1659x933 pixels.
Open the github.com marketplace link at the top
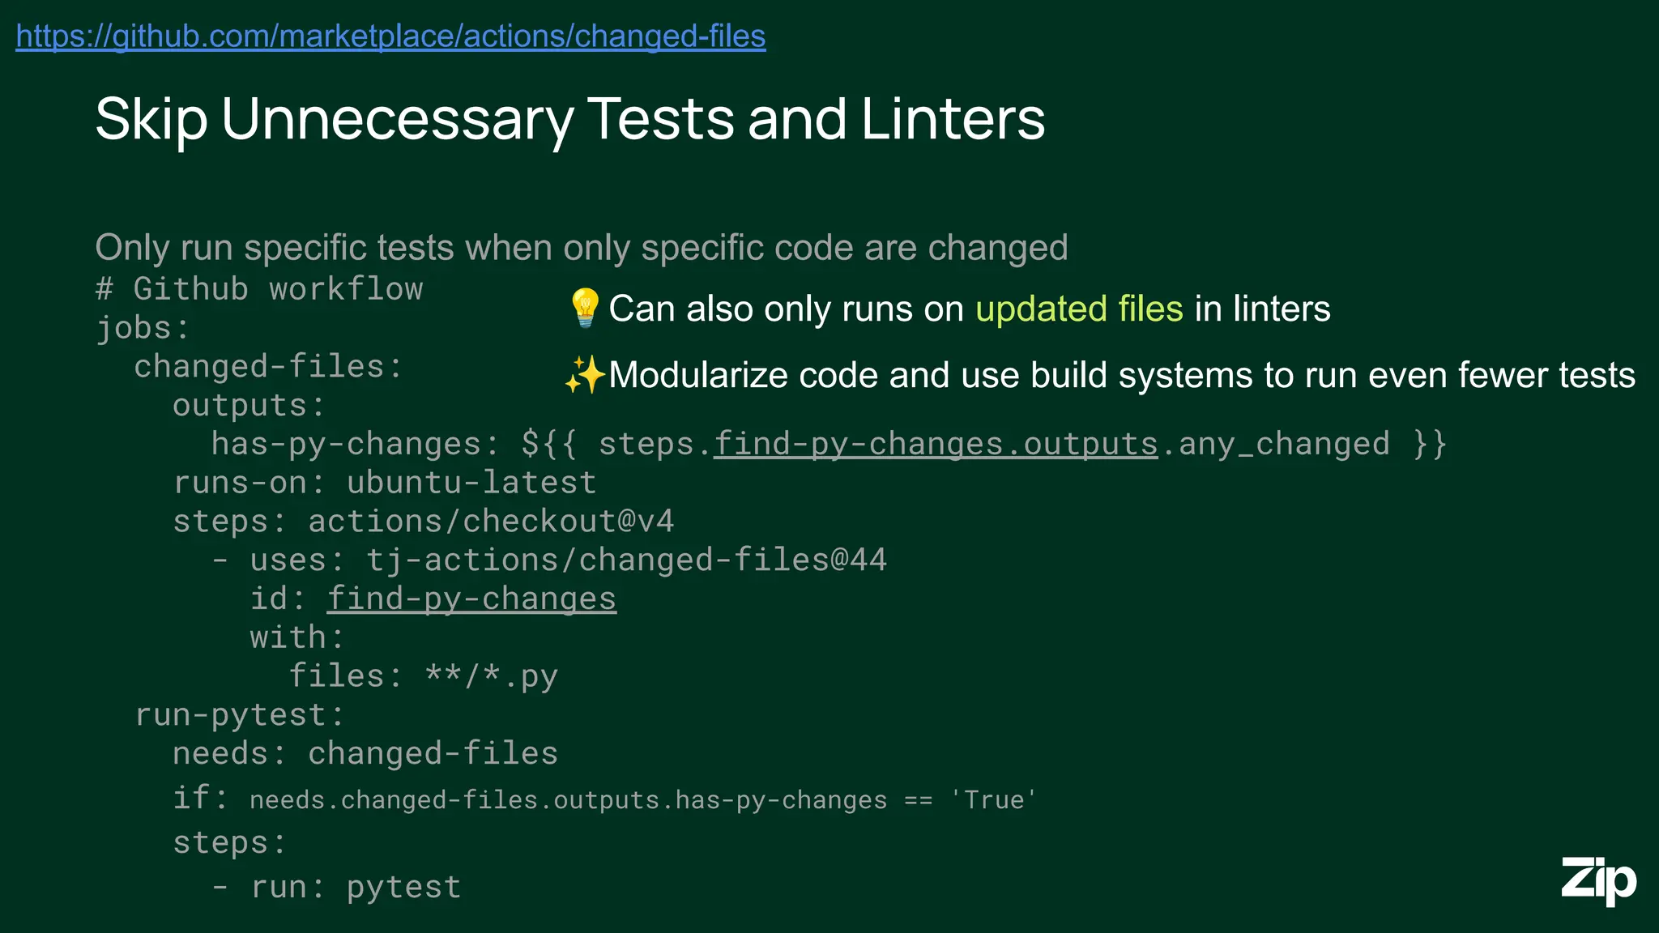click(390, 36)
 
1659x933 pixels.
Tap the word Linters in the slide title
click(953, 120)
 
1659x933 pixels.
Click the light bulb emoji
click(584, 308)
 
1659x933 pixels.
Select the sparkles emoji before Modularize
click(584, 375)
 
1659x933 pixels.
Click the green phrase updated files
click(1079, 309)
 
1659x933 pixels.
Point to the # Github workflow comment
click(259, 289)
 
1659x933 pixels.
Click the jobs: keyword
click(143, 328)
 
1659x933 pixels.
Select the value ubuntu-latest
click(471, 483)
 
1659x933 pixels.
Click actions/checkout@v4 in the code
click(491, 522)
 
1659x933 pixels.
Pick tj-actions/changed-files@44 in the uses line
click(626, 560)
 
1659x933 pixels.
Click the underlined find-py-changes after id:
click(471, 599)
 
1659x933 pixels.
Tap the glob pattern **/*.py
click(491, 676)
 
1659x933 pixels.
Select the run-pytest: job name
click(240, 715)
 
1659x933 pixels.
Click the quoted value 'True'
click(992, 800)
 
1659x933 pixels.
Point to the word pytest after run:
click(403, 888)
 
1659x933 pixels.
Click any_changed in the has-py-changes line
click(1284, 444)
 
